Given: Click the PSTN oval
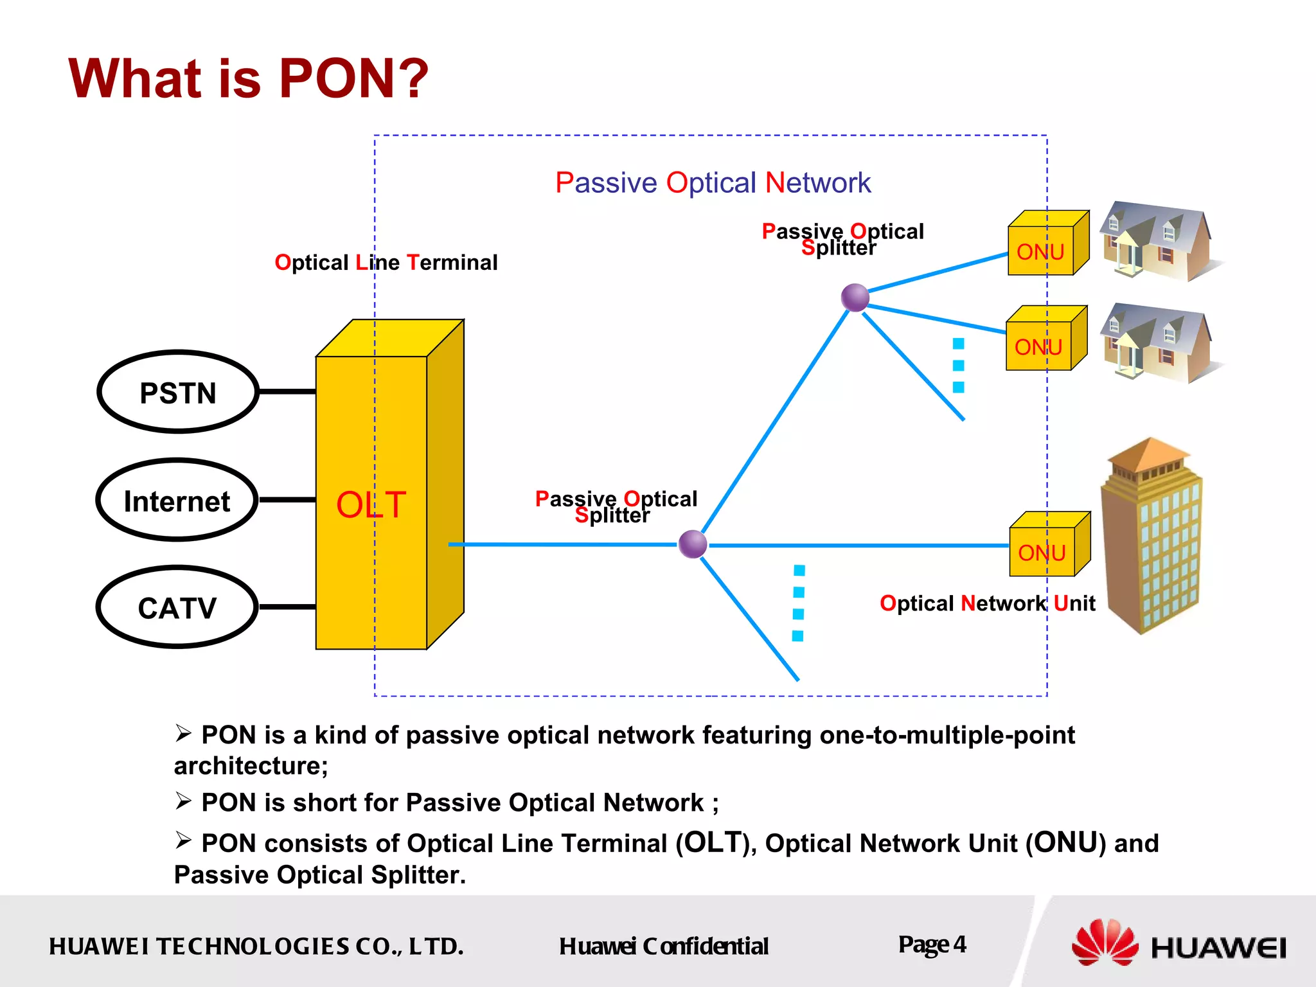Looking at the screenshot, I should (x=178, y=392).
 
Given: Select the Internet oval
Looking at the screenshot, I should (x=177, y=501).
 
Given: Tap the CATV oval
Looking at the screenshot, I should (x=177, y=607).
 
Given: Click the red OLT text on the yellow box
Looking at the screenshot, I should (x=371, y=504).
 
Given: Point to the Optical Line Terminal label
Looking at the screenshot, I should (x=386, y=262).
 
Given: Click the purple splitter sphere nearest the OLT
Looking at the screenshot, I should (x=693, y=544).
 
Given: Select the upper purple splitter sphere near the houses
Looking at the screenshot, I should (x=855, y=298).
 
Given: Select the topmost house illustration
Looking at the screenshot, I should (x=1157, y=241).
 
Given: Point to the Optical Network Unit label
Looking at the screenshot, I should (x=987, y=603).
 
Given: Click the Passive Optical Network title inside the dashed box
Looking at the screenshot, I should (x=713, y=182).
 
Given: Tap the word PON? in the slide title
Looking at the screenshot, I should (x=353, y=78).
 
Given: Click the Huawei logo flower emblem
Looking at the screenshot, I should (x=1104, y=942).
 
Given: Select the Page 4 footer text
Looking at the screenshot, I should (x=932, y=945).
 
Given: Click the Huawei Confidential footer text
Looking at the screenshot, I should (x=663, y=946).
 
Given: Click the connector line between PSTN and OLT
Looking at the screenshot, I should (x=287, y=391).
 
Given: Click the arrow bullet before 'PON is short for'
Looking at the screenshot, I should (x=183, y=801).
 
